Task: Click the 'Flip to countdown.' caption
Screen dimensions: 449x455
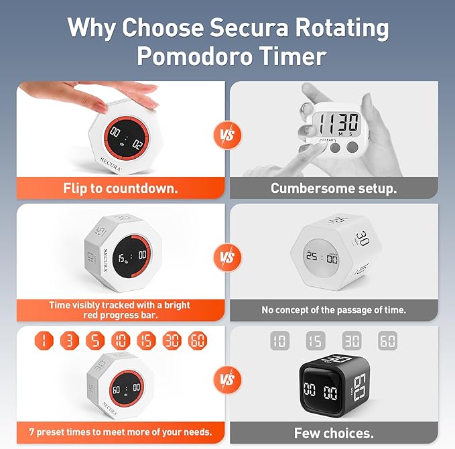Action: click(121, 188)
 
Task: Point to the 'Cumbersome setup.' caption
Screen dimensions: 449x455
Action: click(334, 188)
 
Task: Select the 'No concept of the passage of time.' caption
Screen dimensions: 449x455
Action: click(334, 310)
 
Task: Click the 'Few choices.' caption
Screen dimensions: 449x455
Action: click(334, 433)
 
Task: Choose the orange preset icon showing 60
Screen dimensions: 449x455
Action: click(198, 340)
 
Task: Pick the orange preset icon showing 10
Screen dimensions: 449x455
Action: click(121, 340)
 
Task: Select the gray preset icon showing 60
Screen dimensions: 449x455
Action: click(387, 341)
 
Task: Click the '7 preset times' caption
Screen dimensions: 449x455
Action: click(121, 432)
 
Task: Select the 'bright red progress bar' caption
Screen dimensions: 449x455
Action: click(121, 310)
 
